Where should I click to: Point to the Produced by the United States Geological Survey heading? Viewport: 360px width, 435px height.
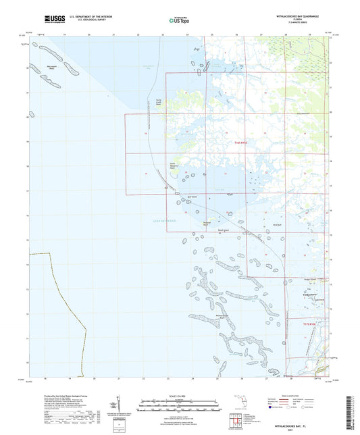(x=70, y=396)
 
